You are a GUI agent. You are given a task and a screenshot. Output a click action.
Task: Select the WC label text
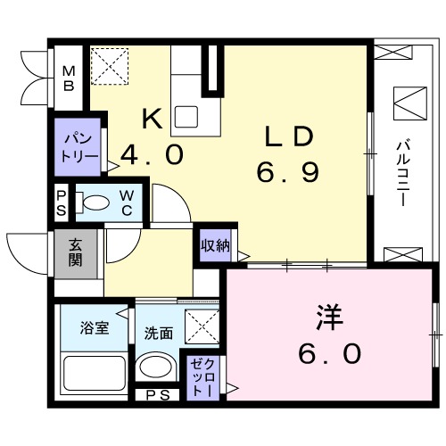point(127,202)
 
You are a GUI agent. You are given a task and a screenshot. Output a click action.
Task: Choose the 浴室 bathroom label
point(95,328)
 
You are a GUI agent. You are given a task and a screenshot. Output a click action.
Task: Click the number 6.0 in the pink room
point(329,354)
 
